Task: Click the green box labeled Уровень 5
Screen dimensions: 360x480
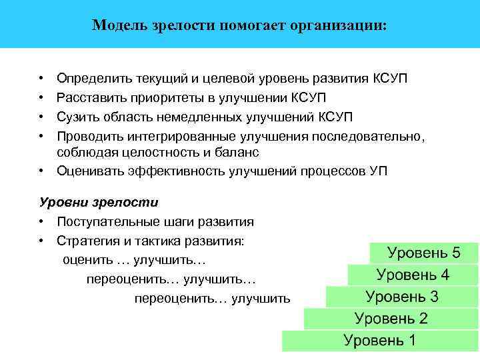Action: tap(424, 253)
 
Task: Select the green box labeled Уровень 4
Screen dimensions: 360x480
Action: tap(413, 275)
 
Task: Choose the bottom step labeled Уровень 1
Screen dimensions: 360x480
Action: tap(379, 341)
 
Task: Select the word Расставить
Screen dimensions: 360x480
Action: tap(88, 98)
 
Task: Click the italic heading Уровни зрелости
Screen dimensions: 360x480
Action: tap(99, 201)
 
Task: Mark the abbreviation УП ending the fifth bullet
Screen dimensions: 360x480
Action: tap(377, 171)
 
